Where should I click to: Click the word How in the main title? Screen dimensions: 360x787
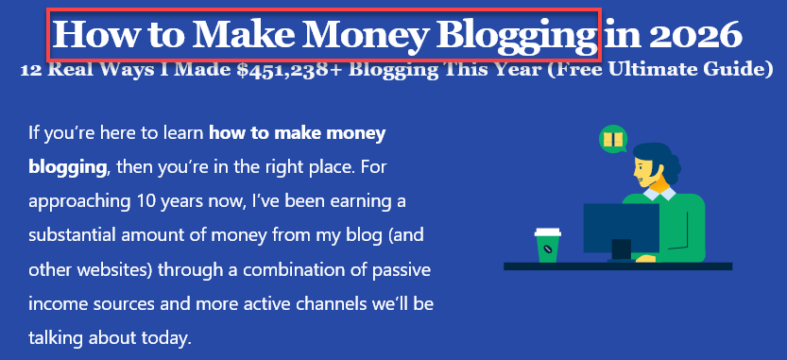[86, 34]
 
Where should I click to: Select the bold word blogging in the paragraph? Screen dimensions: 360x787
[67, 167]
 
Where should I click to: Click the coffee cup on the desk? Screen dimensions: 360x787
[547, 245]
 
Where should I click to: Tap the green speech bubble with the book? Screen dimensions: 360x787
[613, 141]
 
